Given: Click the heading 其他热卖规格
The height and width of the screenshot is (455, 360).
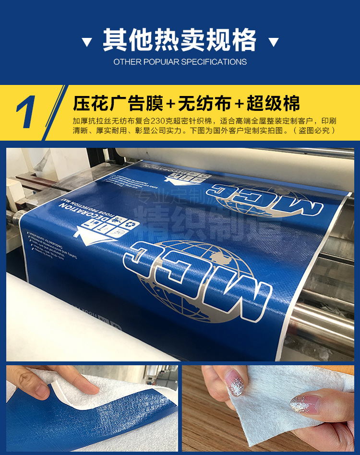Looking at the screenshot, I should click(x=180, y=40).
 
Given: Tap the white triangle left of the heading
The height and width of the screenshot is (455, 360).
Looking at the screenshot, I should click(x=87, y=42).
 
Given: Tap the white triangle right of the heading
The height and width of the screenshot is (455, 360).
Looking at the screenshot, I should click(x=274, y=42).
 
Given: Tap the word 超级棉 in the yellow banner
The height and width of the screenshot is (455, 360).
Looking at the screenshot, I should click(x=273, y=104).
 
